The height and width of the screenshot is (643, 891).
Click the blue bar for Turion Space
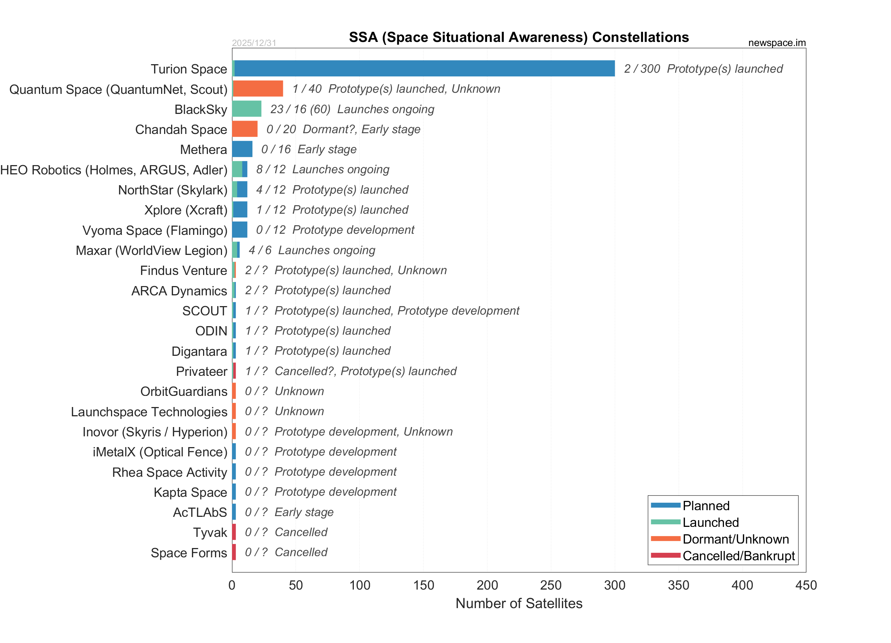pyautogui.click(x=424, y=69)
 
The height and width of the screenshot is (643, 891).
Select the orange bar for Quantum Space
pyautogui.click(x=258, y=89)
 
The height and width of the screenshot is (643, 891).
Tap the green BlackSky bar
pyautogui.click(x=247, y=109)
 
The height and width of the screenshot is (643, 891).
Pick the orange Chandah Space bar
pyautogui.click(x=245, y=129)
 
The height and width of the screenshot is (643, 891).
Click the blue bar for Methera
pyautogui.click(x=242, y=149)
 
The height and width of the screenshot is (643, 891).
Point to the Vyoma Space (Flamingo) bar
pyautogui.click(x=240, y=230)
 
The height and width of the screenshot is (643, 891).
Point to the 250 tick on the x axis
pyautogui.click(x=551, y=585)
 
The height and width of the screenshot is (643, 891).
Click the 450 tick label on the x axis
pyautogui.click(x=806, y=585)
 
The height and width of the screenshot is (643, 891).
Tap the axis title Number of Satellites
pyautogui.click(x=519, y=603)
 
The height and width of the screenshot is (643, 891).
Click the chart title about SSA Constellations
pyautogui.click(x=519, y=37)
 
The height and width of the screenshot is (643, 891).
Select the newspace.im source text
pyautogui.click(x=777, y=43)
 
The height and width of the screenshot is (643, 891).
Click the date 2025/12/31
pyautogui.click(x=254, y=43)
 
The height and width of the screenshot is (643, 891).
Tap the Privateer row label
pyautogui.click(x=202, y=371)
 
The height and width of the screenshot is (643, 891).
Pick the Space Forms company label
pyautogui.click(x=189, y=553)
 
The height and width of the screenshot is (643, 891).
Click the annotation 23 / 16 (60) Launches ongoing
pyautogui.click(x=352, y=109)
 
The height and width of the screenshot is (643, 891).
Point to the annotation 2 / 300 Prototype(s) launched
pyautogui.click(x=703, y=69)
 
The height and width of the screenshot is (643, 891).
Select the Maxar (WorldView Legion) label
pyautogui.click(x=151, y=250)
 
